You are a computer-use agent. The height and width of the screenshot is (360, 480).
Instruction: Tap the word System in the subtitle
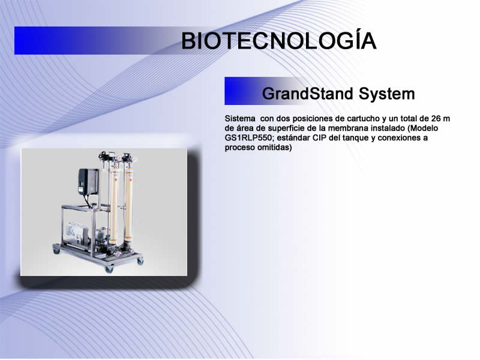point(386,94)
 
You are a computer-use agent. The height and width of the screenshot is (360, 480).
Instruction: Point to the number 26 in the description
point(436,118)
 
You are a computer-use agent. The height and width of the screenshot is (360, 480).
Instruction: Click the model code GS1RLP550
point(248,138)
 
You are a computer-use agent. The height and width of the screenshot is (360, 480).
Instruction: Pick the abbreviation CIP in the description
point(319,138)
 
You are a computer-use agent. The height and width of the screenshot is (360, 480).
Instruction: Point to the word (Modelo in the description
point(423,128)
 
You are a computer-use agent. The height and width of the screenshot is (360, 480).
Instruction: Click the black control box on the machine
point(88,182)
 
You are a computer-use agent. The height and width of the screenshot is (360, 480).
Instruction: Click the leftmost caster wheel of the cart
point(56,251)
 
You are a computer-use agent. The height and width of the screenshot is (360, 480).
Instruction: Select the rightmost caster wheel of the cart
point(140,262)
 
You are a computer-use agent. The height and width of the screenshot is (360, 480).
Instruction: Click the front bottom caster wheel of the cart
point(109,269)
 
